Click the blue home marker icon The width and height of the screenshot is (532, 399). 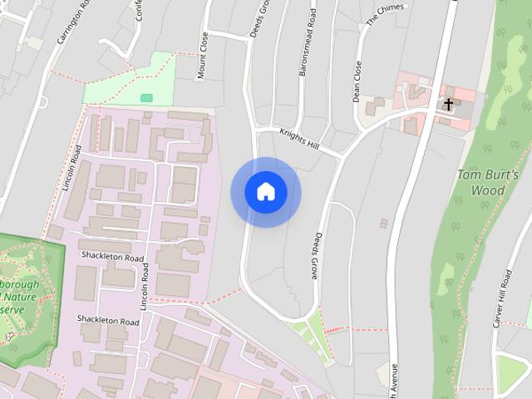tap(266, 192)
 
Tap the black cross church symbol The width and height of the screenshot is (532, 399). tap(449, 105)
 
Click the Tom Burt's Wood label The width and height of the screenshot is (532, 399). tap(488, 183)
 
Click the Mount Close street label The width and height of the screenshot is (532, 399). tap(202, 56)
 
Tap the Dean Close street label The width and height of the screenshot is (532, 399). tap(357, 81)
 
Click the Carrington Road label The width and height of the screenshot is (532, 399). tap(72, 25)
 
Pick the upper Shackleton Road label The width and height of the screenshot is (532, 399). tap(112, 258)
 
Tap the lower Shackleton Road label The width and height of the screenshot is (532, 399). tap(108, 320)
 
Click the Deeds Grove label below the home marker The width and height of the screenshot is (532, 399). tap(316, 254)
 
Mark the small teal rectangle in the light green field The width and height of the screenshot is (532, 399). tap(146, 98)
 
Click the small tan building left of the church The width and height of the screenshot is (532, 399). tap(376, 107)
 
